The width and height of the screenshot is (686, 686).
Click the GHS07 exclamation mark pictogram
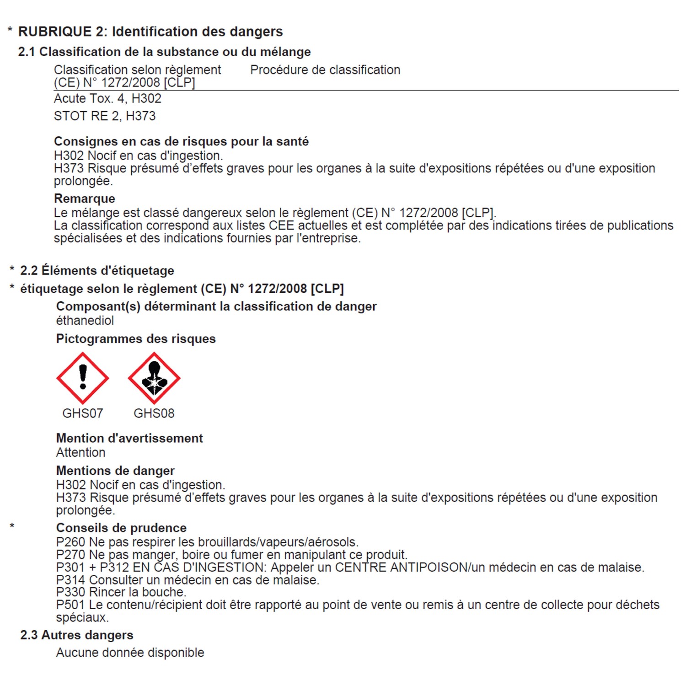click(x=83, y=378)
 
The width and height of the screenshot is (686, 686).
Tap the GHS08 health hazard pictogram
click(x=154, y=378)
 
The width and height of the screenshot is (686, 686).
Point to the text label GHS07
click(x=83, y=413)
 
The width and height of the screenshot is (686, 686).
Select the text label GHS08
click(x=154, y=413)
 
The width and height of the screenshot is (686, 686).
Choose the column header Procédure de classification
click(x=325, y=70)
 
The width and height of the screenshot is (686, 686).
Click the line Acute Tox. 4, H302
click(x=107, y=99)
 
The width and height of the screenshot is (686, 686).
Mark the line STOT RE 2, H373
click(x=105, y=116)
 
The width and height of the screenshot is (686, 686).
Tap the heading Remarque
click(x=85, y=198)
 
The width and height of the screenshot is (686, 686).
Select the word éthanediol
click(x=85, y=321)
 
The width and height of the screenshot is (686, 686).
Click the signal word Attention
click(x=81, y=453)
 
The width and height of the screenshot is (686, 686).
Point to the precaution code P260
click(x=71, y=542)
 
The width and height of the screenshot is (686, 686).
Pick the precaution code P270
click(x=71, y=555)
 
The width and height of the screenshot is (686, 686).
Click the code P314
click(x=71, y=580)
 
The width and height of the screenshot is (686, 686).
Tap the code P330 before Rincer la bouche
click(x=71, y=593)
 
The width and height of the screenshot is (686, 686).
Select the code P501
click(x=71, y=605)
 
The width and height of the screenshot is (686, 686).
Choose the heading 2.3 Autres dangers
click(x=77, y=635)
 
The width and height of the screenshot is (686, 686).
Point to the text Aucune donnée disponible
click(x=130, y=653)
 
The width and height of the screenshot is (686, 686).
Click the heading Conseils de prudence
click(x=121, y=528)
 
